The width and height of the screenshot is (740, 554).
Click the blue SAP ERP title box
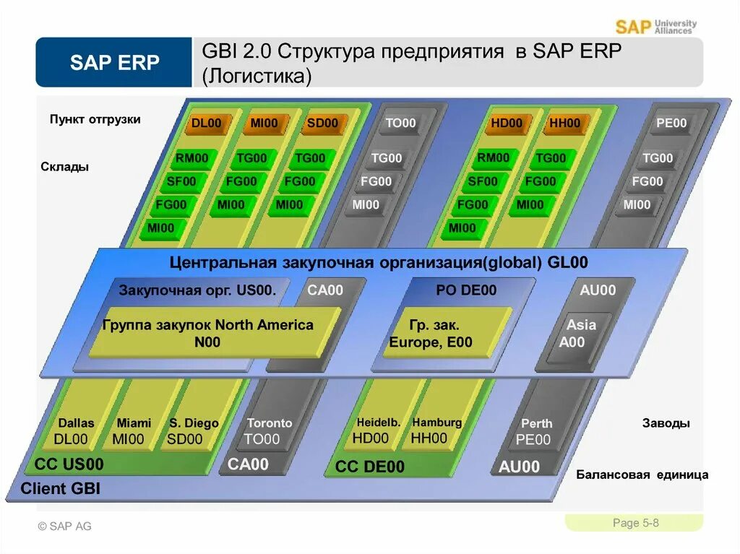114,63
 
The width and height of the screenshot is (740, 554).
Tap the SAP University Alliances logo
656,27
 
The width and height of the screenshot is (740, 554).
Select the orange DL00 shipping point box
207,124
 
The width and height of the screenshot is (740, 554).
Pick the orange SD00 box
322,124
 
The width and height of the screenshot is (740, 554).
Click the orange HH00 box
564,124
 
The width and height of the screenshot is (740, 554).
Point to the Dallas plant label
76,423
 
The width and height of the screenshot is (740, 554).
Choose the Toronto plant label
270,423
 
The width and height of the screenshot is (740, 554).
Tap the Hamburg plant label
436,423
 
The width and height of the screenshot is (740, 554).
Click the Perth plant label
536,424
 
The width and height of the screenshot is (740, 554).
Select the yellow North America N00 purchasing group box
208,333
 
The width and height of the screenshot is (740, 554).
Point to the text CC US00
69,464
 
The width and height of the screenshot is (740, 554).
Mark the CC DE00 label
370,467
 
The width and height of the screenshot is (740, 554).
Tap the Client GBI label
60,489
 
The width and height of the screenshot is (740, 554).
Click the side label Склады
65,167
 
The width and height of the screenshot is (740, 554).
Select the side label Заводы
666,423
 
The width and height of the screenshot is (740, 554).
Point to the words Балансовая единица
642,475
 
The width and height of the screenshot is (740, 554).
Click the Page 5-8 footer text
635,523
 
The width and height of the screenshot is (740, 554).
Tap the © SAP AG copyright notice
65,526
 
